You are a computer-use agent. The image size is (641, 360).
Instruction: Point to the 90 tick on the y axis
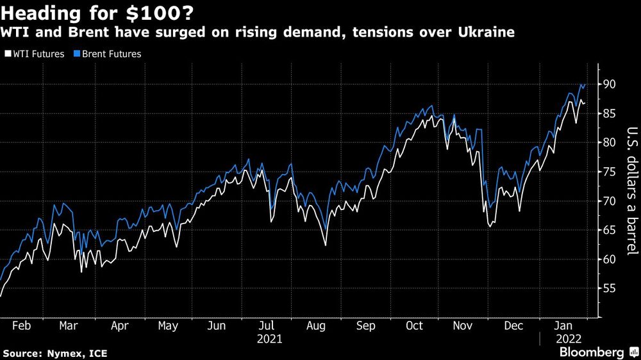(x=608, y=84)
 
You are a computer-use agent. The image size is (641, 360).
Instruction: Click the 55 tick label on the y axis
(x=608, y=288)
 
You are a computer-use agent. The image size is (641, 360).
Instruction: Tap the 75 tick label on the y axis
(x=608, y=172)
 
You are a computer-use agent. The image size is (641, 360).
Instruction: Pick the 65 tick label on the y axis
(x=608, y=230)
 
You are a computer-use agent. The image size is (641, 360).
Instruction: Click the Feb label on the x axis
(x=21, y=325)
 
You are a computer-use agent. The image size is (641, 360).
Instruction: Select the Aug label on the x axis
(x=316, y=325)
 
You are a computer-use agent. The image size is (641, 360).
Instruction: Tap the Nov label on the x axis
(x=463, y=325)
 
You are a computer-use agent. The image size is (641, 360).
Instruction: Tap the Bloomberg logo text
(x=593, y=352)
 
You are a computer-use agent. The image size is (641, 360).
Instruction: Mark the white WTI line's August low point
(x=325, y=245)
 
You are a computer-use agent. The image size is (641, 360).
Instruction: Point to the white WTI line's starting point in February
(x=1, y=296)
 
